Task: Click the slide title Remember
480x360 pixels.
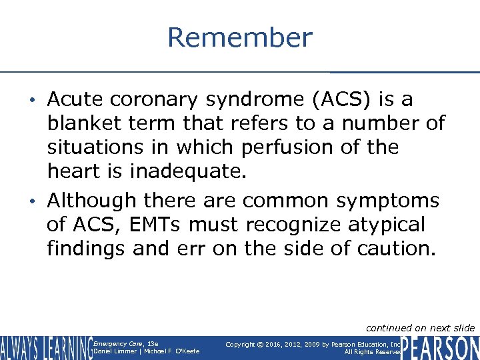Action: pos(239,37)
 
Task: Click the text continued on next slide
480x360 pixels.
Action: pos(420,327)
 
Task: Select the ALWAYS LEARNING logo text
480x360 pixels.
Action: pos(45,347)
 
